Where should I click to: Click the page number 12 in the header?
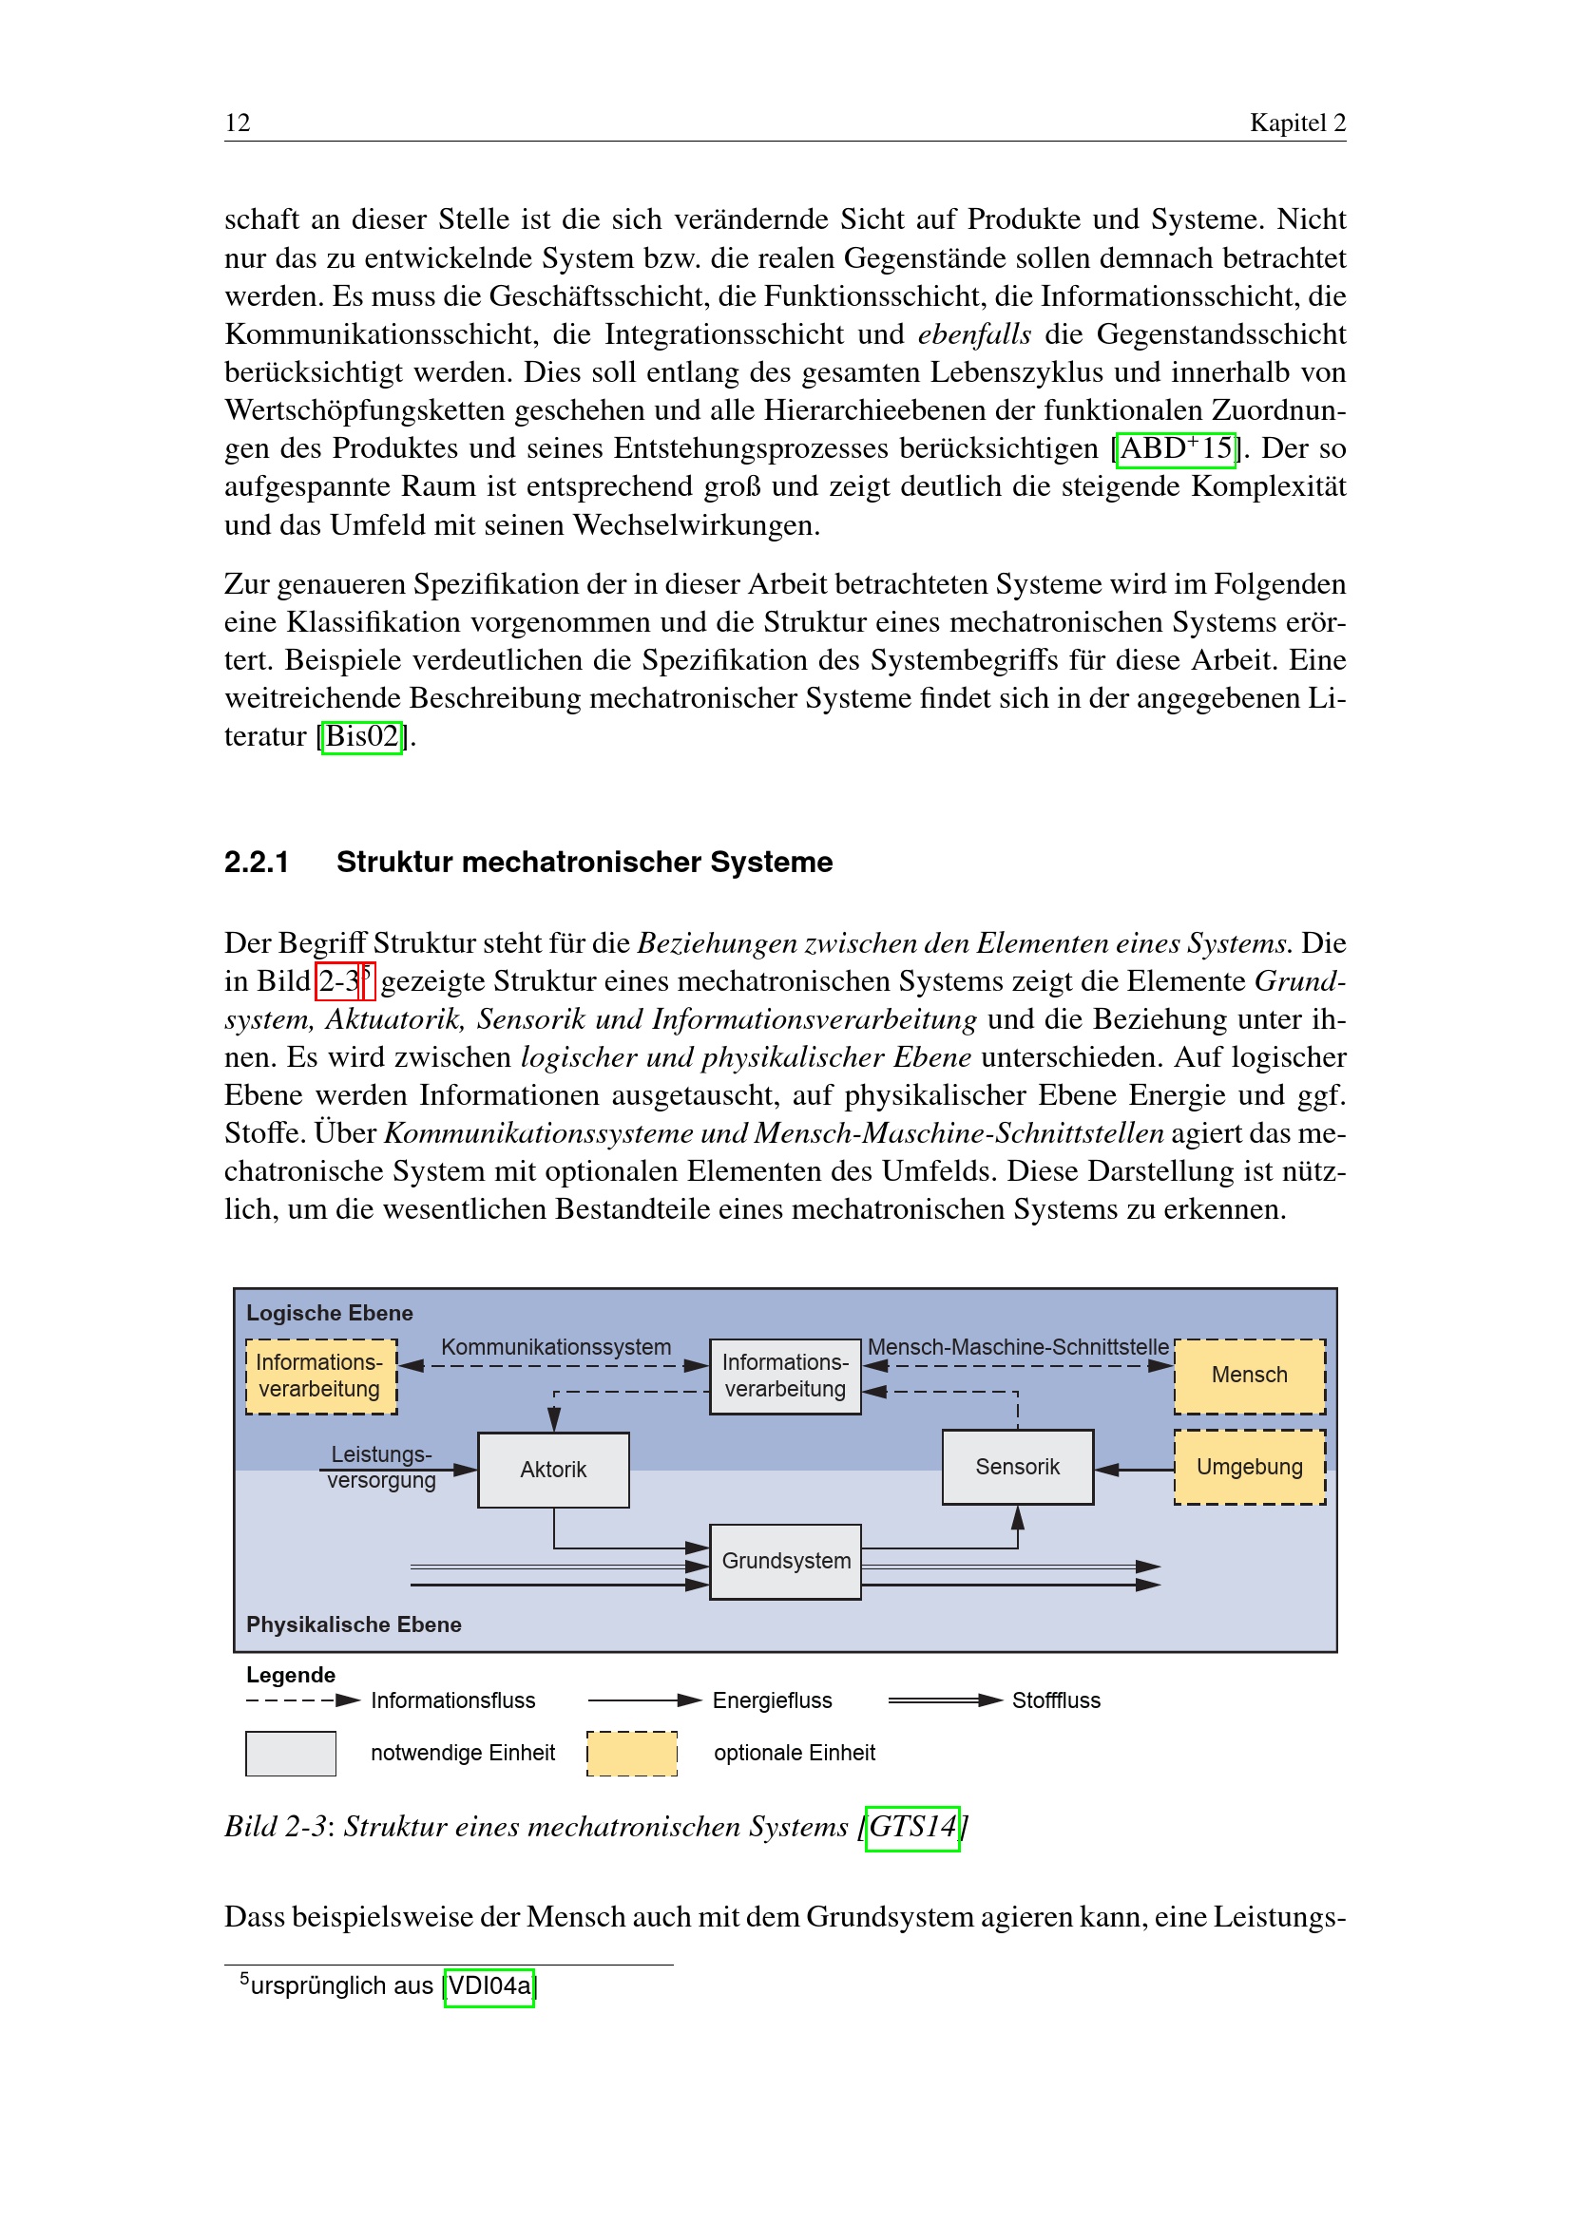click(238, 123)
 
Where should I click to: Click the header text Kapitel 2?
click(1296, 123)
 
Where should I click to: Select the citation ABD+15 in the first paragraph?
click(1175, 449)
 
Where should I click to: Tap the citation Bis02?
click(362, 737)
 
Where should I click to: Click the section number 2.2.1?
click(257, 863)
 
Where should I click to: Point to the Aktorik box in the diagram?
click(553, 1470)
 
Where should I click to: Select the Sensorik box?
click(1017, 1467)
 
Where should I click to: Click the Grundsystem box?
click(785, 1561)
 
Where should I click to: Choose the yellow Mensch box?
click(1249, 1376)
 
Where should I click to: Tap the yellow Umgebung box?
click(1249, 1467)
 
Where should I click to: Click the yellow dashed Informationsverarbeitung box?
click(320, 1377)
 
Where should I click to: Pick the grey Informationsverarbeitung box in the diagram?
click(785, 1377)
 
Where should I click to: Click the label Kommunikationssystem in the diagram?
click(556, 1347)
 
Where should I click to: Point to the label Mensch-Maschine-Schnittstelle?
click(1017, 1347)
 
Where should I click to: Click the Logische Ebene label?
click(329, 1313)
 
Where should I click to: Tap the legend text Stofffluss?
click(1056, 1700)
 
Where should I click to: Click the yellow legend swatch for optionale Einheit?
click(631, 1754)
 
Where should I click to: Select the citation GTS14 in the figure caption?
click(911, 1827)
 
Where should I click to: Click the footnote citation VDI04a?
click(489, 1986)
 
